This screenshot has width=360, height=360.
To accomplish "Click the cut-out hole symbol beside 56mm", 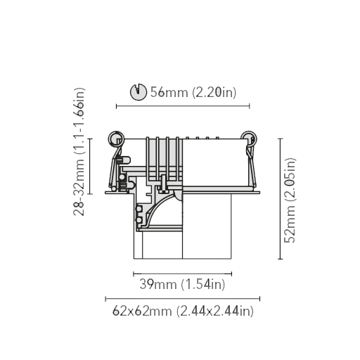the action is (x=139, y=91).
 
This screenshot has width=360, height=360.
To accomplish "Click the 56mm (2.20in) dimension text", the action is (x=193, y=92).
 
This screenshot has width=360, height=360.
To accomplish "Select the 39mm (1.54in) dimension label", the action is (x=182, y=284).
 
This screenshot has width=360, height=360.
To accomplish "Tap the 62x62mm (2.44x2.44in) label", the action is (x=183, y=311).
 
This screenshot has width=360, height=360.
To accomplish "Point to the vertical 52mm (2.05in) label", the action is (x=290, y=200).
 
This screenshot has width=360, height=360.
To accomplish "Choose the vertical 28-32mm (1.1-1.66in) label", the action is (x=79, y=152).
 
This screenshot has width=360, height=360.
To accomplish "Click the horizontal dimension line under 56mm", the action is (x=183, y=106).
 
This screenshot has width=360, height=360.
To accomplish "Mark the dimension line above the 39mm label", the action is (x=183, y=274).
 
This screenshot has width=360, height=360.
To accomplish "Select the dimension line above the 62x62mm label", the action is (x=183, y=299).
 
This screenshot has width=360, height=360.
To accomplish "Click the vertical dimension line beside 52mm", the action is (x=281, y=199).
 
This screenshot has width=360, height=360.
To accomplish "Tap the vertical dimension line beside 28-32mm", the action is (x=90, y=166).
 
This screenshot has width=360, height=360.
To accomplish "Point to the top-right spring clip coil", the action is (x=249, y=139).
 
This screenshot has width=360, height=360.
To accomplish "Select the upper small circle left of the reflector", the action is (x=139, y=209).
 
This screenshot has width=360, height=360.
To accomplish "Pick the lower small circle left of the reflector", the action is (x=139, y=220).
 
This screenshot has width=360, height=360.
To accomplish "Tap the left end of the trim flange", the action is (x=105, y=193).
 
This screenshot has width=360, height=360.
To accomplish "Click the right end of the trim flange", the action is (x=259, y=193).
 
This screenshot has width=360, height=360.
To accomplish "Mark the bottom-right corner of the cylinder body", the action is (x=231, y=259).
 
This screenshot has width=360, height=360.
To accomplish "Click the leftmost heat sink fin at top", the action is (x=148, y=160).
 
